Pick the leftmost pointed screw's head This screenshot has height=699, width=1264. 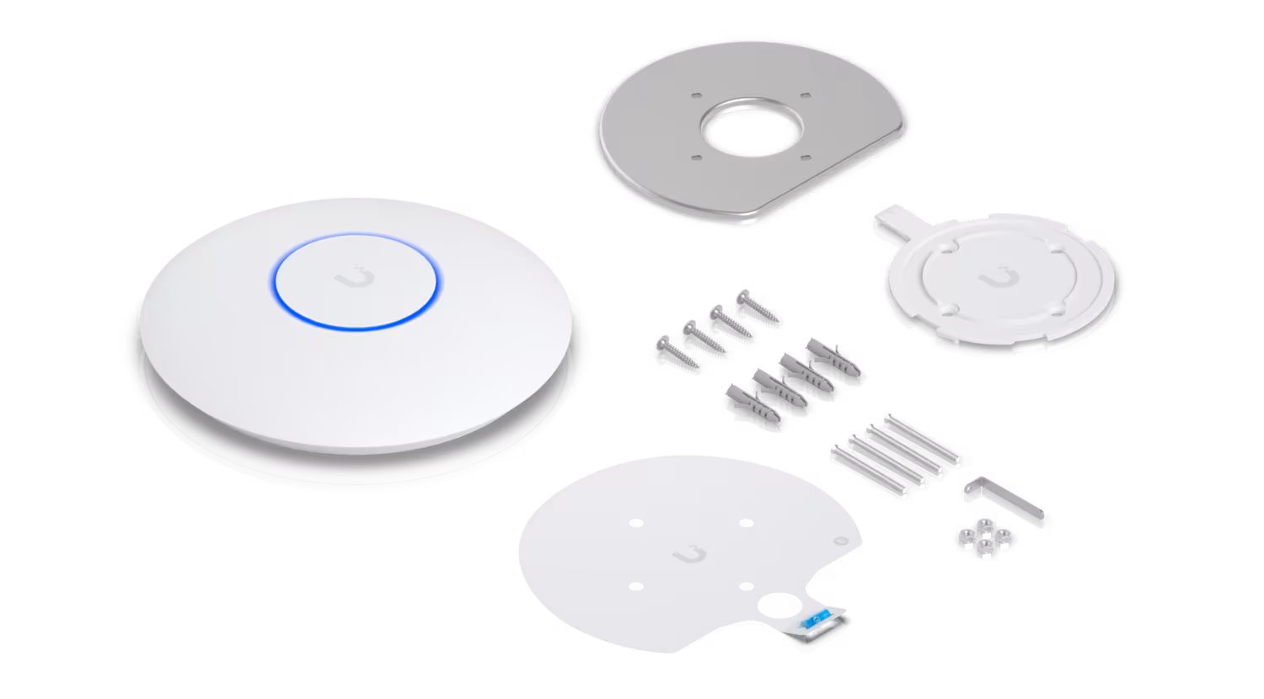tap(663, 343)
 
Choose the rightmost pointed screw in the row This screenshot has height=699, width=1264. tap(758, 308)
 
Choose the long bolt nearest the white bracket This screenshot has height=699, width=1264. tap(922, 438)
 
